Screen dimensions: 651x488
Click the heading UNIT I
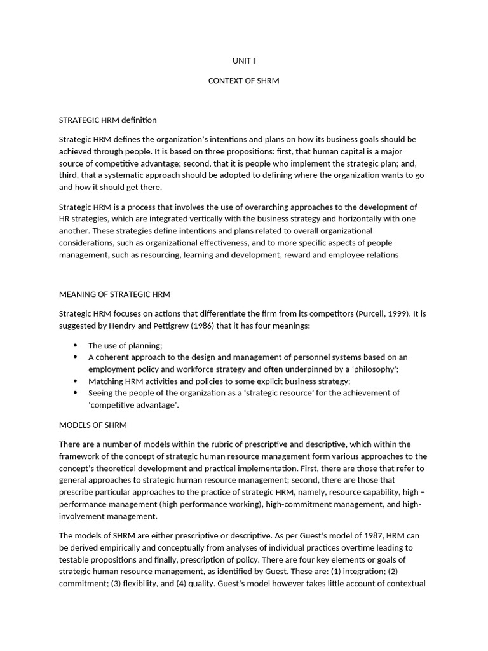coord(244,61)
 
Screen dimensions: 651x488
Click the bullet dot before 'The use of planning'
coord(75,345)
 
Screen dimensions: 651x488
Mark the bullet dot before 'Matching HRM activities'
coord(75,380)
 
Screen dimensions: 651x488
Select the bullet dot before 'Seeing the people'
coord(75,392)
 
